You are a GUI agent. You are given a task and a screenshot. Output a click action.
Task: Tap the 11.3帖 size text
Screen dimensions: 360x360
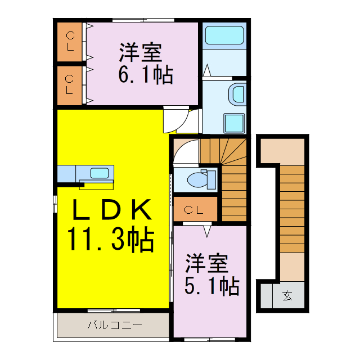coord(111,240)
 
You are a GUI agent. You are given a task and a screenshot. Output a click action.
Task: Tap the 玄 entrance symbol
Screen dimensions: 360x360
coord(287,295)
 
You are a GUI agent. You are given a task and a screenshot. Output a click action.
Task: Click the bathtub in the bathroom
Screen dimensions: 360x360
coord(224,36)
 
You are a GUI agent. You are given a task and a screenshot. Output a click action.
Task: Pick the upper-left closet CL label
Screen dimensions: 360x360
coord(70,42)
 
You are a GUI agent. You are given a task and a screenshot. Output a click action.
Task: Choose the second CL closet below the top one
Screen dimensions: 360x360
coord(70,84)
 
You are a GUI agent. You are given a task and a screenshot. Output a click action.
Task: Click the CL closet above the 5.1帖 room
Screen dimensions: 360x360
coord(195,210)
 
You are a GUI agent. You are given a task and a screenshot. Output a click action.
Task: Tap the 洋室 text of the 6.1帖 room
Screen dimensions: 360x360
coord(140,53)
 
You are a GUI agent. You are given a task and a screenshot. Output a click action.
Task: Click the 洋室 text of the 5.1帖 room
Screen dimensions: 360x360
coord(207,264)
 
